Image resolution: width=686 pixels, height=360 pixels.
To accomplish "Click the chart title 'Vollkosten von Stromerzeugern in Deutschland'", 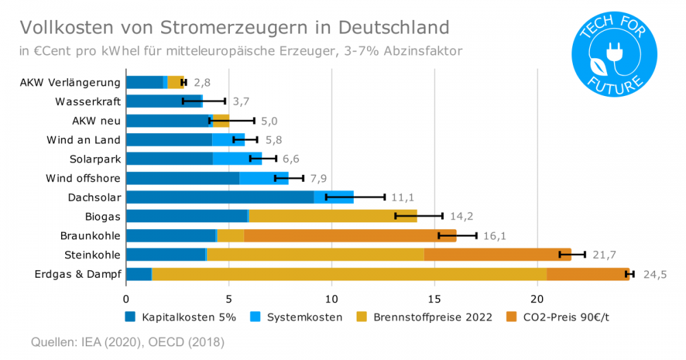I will (x=235, y=27).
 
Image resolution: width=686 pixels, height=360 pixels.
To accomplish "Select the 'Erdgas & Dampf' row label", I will (x=78, y=274).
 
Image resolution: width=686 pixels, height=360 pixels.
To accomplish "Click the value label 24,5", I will (x=654, y=274).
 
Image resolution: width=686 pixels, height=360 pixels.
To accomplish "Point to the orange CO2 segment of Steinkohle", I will (x=497, y=255).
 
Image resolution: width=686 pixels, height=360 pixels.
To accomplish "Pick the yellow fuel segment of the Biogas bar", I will (x=333, y=217).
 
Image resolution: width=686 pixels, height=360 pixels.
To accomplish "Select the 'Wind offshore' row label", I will (x=83, y=178).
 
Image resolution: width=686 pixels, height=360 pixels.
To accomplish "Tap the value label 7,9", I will (x=318, y=178).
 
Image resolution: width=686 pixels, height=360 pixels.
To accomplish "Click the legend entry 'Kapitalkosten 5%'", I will (x=181, y=317).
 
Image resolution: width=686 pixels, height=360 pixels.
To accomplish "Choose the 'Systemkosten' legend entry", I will (x=296, y=317).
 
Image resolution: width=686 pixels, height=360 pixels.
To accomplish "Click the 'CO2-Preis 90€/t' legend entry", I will (x=559, y=317).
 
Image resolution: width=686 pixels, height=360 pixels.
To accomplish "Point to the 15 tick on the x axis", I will (x=434, y=299).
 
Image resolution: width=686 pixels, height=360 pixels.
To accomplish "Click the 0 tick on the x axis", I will (x=126, y=299).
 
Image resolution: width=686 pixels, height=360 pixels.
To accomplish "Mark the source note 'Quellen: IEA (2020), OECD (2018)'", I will (x=128, y=341).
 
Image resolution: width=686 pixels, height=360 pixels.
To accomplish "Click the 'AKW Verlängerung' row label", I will (x=70, y=82).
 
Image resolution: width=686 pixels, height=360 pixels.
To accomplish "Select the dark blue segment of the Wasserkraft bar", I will (x=165, y=101).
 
